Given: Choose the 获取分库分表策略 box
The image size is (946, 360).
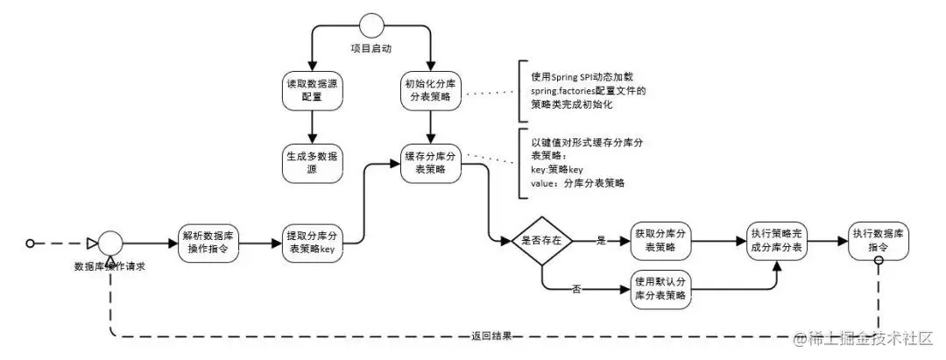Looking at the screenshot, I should pos(660,239).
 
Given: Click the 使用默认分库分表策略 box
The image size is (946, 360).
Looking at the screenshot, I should pos(660,288).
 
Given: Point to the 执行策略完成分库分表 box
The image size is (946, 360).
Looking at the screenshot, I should pos(777,240).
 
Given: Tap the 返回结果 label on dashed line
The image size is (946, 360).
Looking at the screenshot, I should pos(491,335).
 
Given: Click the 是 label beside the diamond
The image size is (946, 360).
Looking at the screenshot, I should pos(601,239).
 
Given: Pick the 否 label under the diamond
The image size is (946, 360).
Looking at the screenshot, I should pos(576,287).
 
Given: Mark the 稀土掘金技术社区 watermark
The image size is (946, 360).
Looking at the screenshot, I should pos(868,337).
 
